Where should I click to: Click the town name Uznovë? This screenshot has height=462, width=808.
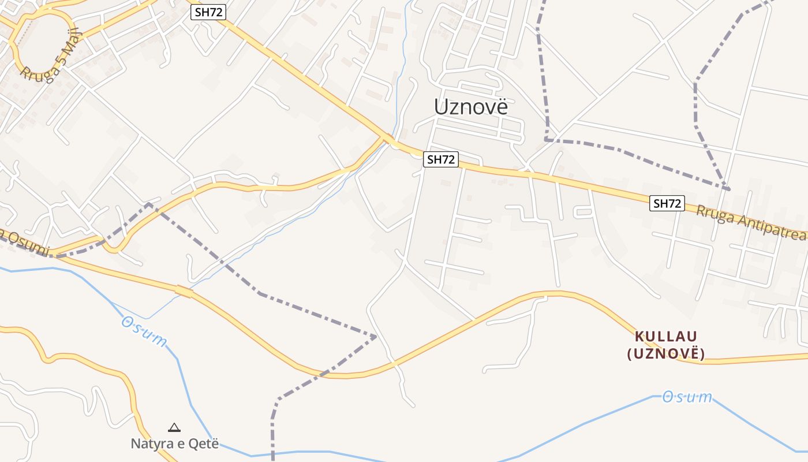[x=470, y=107]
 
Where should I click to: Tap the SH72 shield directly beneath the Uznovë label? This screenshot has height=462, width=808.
[x=441, y=160]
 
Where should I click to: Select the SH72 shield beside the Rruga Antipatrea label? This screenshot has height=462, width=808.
[x=667, y=203]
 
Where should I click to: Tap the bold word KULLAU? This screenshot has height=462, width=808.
[x=666, y=336]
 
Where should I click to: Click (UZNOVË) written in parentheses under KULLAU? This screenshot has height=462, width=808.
[x=666, y=353]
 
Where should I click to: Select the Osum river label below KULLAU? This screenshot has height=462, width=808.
[x=687, y=397]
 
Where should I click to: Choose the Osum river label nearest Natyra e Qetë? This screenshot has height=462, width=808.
[x=144, y=331]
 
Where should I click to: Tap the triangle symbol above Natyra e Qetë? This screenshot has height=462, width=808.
[x=174, y=428]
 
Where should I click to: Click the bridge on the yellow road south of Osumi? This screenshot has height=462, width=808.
[x=184, y=292]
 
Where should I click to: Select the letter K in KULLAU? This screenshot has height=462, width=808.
[x=639, y=336]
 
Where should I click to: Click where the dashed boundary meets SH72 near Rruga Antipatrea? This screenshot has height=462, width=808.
[x=728, y=189]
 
